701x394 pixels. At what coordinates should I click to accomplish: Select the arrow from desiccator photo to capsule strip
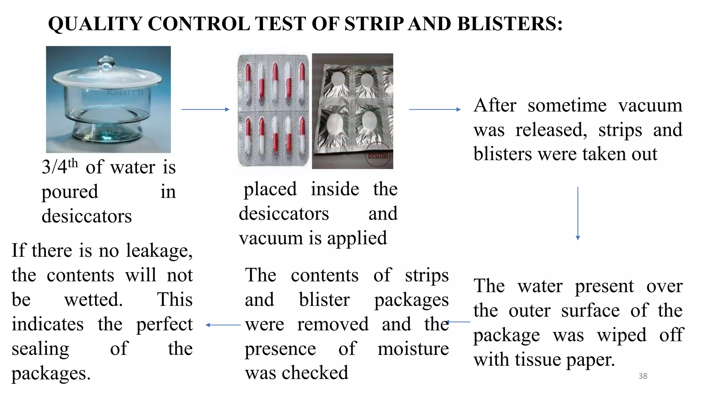coord(205,109)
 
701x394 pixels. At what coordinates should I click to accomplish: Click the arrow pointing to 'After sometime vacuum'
coord(435,109)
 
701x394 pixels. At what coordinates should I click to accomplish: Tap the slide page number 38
coord(643,376)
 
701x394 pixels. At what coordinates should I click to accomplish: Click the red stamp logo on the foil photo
coord(378,155)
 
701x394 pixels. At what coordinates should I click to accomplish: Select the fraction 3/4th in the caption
coord(60,167)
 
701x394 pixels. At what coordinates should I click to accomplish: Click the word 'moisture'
coord(413,349)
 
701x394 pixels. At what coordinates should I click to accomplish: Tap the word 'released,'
coord(551,130)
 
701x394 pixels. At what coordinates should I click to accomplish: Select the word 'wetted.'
coord(93,300)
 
